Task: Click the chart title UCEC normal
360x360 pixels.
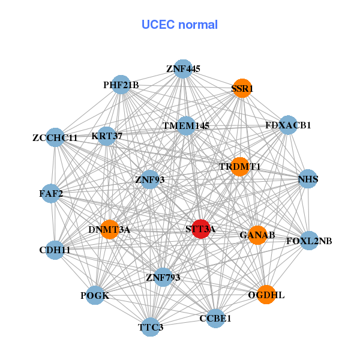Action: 179,25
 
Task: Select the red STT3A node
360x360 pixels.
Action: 200,229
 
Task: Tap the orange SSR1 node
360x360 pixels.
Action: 242,88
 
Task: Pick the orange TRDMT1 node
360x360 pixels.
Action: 239,166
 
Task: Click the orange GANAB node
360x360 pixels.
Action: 257,235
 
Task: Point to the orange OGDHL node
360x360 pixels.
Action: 266,295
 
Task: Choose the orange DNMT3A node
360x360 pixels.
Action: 109,229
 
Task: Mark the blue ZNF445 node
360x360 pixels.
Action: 183,69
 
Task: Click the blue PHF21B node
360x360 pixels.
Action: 121,86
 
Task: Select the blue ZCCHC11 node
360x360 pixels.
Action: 55,137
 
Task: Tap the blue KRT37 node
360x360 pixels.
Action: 107,136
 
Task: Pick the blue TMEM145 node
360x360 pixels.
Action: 186,126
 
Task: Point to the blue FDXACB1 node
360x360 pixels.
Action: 288,125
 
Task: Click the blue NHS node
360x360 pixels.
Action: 308,179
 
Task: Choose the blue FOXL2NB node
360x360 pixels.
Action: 308,241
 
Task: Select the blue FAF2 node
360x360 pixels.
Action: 51,193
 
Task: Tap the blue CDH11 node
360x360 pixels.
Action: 55,250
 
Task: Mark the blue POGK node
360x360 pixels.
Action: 95,295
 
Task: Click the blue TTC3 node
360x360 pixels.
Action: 151,327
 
